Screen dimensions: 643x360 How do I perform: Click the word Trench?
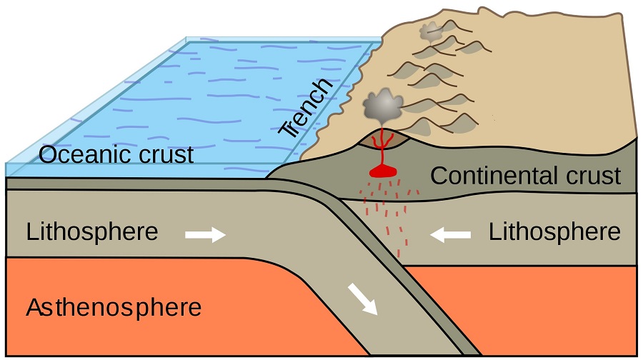[x=306, y=107]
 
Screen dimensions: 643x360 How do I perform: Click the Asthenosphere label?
[x=114, y=308]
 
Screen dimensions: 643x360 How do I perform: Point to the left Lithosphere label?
[x=92, y=231]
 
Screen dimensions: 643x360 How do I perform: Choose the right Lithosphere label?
[x=554, y=231]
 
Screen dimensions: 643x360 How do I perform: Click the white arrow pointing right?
[x=206, y=235]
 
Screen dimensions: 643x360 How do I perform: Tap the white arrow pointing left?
[x=450, y=235]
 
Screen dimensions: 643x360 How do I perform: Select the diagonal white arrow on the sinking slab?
[x=362, y=299]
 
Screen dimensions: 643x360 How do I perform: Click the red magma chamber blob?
[x=383, y=171]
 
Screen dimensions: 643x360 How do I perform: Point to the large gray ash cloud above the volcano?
[x=383, y=106]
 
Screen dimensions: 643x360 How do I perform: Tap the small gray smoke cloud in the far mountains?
[x=431, y=32]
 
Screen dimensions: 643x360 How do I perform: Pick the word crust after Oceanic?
[x=166, y=155]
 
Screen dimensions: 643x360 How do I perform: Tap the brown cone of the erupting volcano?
[x=384, y=139]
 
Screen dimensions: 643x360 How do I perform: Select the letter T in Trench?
[x=286, y=130]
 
